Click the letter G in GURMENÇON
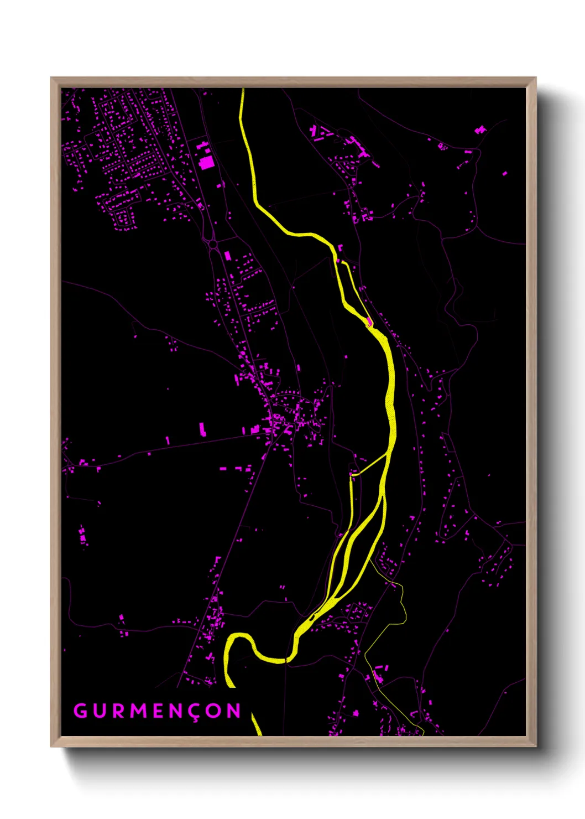point(80,711)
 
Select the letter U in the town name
point(100,711)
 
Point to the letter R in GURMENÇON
point(119,711)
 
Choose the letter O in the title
point(216,711)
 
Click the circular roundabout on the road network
point(212,243)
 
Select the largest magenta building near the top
point(207,162)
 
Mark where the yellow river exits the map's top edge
point(242,90)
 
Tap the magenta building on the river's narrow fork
point(369,321)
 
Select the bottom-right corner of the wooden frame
point(535,745)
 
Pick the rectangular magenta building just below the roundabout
point(227,256)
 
